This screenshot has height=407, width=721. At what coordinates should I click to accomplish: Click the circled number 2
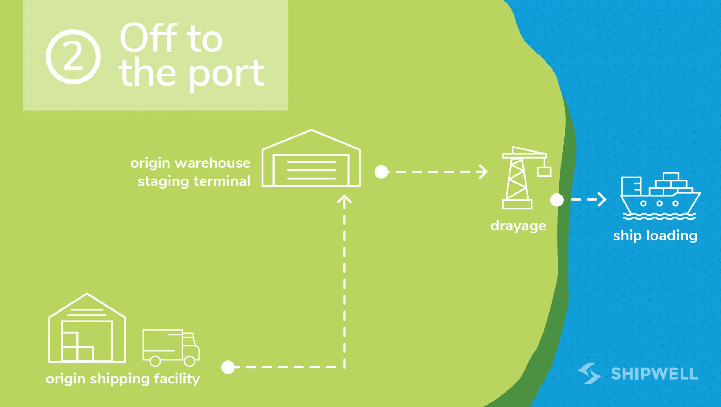73,57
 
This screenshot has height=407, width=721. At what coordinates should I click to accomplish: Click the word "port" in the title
227,74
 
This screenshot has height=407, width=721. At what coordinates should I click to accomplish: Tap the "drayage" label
518,226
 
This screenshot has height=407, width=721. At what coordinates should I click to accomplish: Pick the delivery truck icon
171,347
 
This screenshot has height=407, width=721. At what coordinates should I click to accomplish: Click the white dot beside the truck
228,367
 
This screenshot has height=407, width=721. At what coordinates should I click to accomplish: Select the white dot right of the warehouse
381,172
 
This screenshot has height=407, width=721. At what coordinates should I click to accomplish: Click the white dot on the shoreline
557,200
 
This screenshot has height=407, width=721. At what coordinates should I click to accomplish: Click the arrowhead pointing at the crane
483,172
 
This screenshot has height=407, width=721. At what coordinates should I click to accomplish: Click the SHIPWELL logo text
654,374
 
